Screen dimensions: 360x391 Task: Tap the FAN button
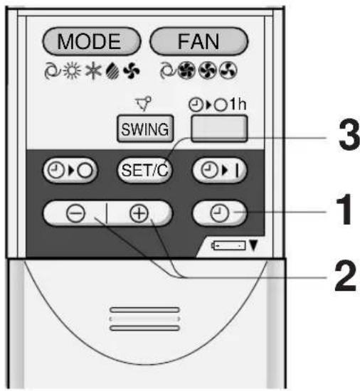tap(198, 41)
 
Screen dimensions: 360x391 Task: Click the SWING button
tap(145, 129)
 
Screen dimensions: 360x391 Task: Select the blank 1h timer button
tap(219, 129)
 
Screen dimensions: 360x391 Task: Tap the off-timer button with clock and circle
tap(70, 171)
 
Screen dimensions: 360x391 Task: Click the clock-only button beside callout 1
tap(219, 213)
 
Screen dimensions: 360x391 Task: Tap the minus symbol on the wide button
tap(75, 214)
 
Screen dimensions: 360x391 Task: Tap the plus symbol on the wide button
tap(139, 214)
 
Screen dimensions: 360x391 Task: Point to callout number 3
tap(349, 135)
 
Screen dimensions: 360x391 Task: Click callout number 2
tap(345, 277)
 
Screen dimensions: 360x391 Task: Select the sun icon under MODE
tap(72, 71)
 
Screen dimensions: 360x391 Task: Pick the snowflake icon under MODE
tap(93, 71)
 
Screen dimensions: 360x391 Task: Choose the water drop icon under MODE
tap(112, 71)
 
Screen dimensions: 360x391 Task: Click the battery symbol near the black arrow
tap(228, 246)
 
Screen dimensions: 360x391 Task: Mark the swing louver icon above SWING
tap(144, 103)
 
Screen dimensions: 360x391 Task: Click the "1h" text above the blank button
tap(238, 104)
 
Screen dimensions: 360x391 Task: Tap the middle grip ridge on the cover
tap(144, 319)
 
